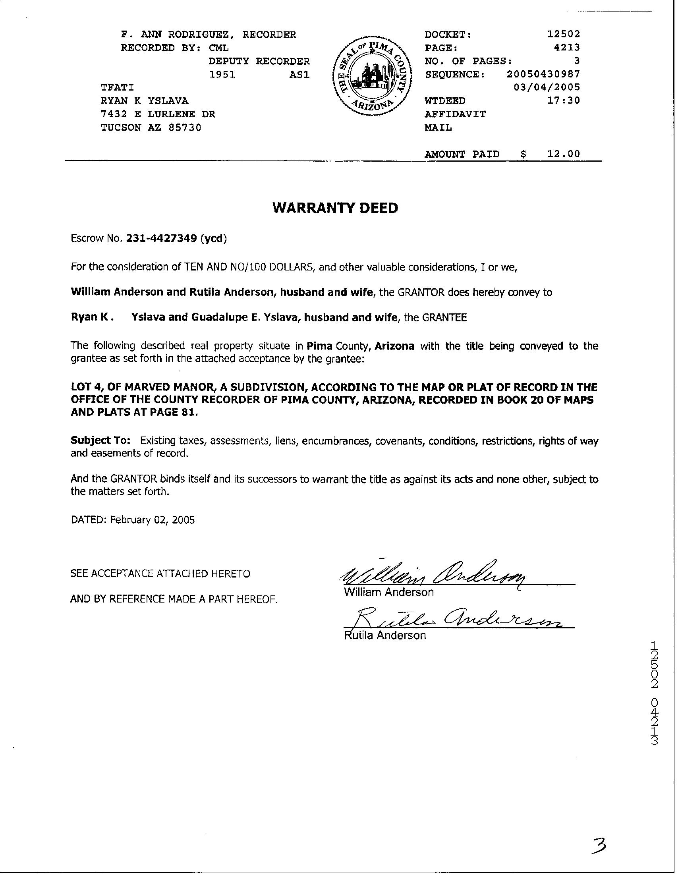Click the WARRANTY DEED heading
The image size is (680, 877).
coord(335,208)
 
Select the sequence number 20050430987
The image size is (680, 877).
coord(543,74)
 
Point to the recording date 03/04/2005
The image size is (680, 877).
coord(547,87)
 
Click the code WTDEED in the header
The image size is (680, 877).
coord(444,101)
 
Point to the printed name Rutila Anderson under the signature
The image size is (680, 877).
coord(384,635)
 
